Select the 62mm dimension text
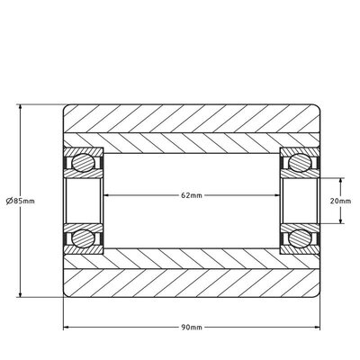191,194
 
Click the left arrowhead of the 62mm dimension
109,194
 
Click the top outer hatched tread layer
191,121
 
